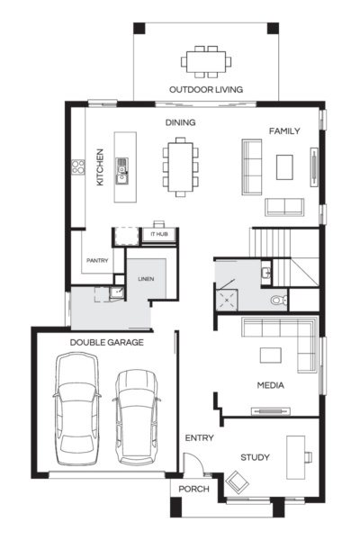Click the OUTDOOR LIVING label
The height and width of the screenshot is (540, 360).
pos(206,88)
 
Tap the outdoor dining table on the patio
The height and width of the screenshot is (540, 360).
pos(206,61)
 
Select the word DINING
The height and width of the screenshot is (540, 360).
pos(180,122)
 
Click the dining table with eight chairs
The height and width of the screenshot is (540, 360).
pos(180,166)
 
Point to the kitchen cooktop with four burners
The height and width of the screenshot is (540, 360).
pos(78,166)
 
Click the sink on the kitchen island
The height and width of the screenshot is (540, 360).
pos(122,166)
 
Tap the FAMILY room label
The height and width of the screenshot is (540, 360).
pos(284,131)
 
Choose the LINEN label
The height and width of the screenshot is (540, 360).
pos(145,279)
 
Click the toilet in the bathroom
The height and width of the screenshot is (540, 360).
pos(278,301)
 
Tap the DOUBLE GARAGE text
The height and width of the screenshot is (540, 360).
pos(105,343)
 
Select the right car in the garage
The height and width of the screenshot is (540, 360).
pos(136,414)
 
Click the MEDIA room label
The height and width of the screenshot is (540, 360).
pos(270,385)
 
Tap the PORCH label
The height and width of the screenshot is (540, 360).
pos(193,489)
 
